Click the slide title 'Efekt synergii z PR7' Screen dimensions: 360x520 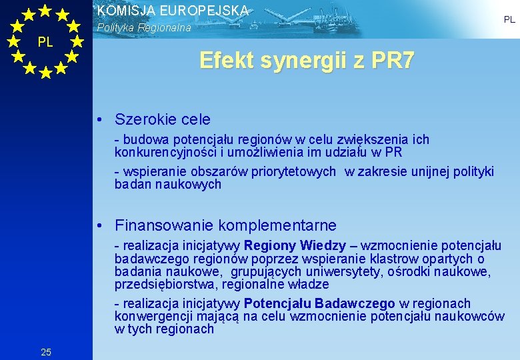pyautogui.click(x=307, y=61)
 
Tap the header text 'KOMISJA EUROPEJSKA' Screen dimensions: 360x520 pyautogui.click(x=173, y=11)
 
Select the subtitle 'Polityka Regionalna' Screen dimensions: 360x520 pyautogui.click(x=144, y=28)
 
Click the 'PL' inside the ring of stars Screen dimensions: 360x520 pyautogui.click(x=45, y=42)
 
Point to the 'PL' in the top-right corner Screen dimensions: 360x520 pyautogui.click(x=509, y=20)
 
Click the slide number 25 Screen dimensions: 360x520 pyautogui.click(x=46, y=351)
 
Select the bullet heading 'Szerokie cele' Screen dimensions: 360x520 pyautogui.click(x=162, y=119)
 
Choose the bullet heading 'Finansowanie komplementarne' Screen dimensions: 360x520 pyautogui.click(x=225, y=225)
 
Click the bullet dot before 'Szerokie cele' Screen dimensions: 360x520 pyautogui.click(x=98, y=120)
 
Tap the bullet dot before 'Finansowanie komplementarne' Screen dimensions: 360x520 pyautogui.click(x=98, y=226)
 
